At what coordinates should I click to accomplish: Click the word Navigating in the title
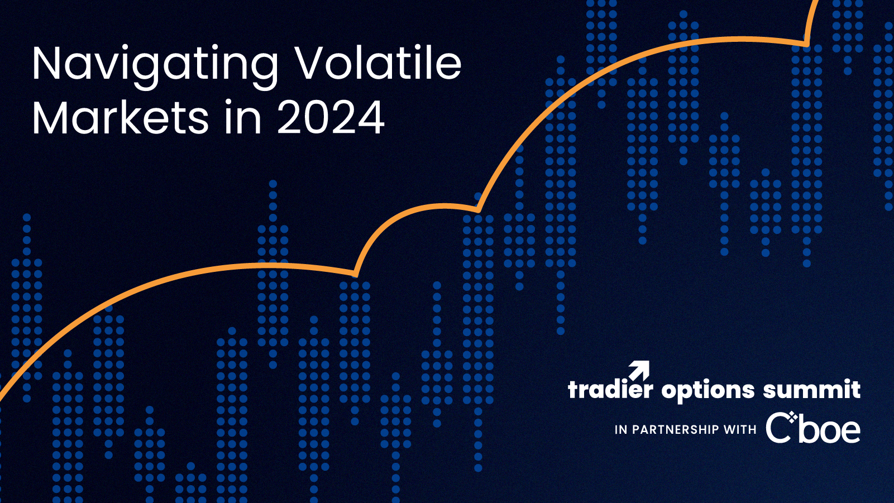point(155,66)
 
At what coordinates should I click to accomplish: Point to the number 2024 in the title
point(331,117)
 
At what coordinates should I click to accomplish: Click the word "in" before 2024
point(243,117)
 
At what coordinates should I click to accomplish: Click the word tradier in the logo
point(610,389)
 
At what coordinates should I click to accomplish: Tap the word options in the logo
point(708,390)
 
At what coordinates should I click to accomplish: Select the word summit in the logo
point(812,389)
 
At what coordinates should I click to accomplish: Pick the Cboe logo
point(813,428)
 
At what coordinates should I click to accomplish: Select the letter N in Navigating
point(47,63)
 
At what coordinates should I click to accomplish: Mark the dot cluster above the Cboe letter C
point(792,418)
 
